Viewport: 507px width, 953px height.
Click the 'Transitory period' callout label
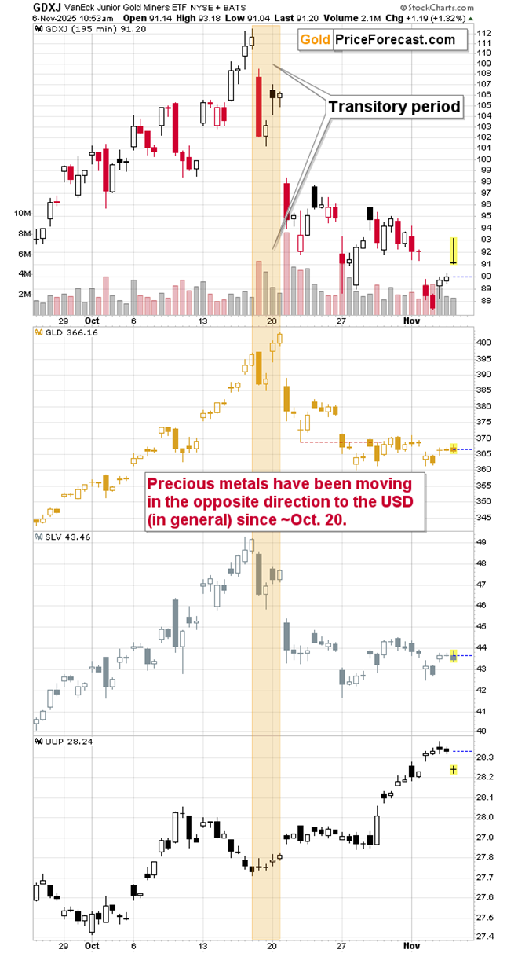pos(393,107)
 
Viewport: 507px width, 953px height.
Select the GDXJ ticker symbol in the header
pos(16,6)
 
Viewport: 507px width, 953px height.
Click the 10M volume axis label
pos(22,214)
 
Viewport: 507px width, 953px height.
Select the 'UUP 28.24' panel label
pos(62,740)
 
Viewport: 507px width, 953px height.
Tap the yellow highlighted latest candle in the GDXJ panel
pos(453,251)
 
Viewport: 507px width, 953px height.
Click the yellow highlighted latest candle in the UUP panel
pos(454,770)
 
